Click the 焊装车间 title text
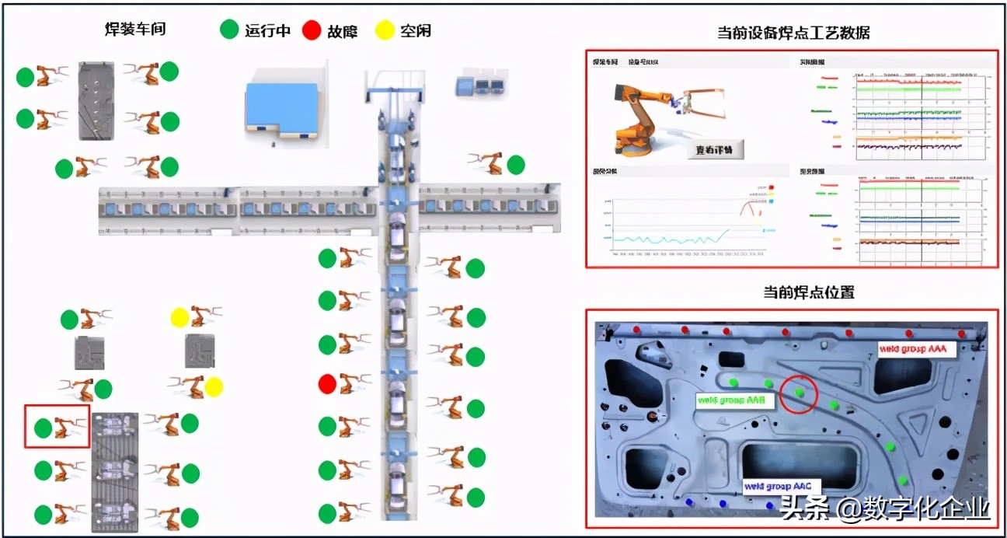pos(135,30)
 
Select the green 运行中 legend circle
pos(229,30)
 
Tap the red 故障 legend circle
pos(312,30)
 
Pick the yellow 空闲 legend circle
pos(384,30)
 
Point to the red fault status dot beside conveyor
pos(327,383)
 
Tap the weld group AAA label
pos(912,349)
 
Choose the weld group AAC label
pos(778,486)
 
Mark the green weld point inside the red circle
pos(800,393)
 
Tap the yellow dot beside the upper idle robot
pos(179,317)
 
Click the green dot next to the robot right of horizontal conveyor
pos(515,165)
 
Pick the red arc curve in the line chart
pos(749,207)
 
